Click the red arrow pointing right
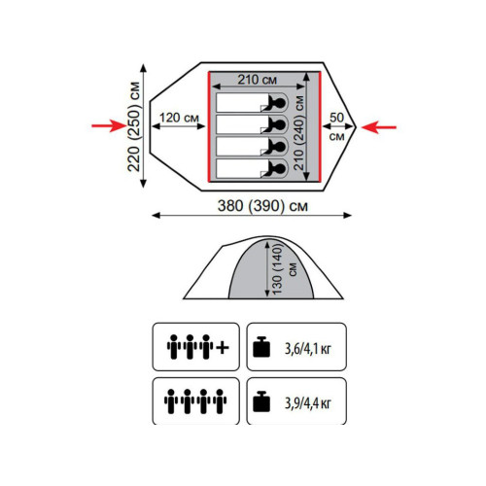[109, 125]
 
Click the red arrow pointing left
[379, 127]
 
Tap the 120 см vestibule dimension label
[179, 118]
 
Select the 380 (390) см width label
[262, 206]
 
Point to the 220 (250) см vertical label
[133, 126]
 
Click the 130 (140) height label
[278, 269]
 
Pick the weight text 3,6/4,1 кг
[308, 349]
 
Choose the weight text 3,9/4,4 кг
[308, 403]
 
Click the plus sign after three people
[223, 348]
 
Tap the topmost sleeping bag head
[278, 103]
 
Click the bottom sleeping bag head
[278, 169]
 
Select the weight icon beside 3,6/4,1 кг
[261, 347]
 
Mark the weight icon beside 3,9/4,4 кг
[261, 401]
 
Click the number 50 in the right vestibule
[336, 118]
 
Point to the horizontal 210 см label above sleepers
[258, 80]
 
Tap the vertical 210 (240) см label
[299, 133]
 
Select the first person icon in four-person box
[171, 401]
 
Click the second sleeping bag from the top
[252, 124]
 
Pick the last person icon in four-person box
[220, 401]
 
